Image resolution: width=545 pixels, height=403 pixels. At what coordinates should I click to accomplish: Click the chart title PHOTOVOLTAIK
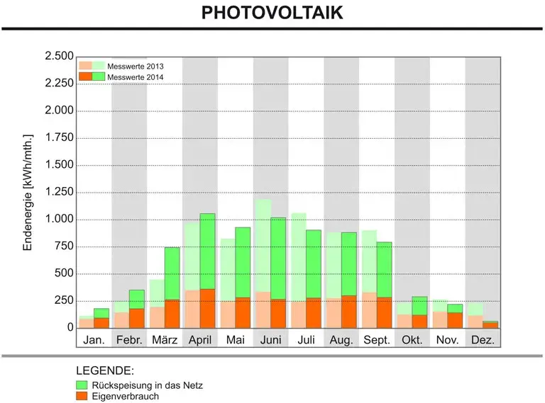point(272,13)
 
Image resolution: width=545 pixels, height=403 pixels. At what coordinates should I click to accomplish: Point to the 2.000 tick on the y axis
point(59,110)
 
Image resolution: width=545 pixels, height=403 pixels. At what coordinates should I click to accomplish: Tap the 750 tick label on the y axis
point(64,246)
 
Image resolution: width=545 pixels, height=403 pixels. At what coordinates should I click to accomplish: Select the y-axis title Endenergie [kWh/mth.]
point(28,193)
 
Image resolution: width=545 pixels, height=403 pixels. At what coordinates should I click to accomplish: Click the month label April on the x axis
point(200,339)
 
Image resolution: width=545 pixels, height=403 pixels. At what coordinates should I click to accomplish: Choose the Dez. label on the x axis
point(483,339)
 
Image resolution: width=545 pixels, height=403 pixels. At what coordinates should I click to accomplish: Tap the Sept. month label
point(377,339)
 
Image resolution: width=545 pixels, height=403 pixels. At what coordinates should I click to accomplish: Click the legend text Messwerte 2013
point(136,67)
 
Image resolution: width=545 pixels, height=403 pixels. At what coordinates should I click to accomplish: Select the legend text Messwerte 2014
point(136,77)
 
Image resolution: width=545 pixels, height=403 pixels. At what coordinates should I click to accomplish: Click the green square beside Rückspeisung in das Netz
point(82,385)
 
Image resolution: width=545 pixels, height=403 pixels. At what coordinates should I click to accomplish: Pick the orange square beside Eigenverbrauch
point(82,396)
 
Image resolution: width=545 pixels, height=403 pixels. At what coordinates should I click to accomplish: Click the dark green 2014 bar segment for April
point(207,251)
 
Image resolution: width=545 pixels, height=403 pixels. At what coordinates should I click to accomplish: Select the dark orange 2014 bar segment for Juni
point(278,314)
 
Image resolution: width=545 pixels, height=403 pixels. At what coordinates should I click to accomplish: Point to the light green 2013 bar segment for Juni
point(263,246)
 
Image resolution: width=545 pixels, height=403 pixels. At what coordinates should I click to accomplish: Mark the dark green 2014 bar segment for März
point(172,273)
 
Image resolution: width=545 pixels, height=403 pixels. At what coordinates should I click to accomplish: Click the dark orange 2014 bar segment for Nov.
point(455,320)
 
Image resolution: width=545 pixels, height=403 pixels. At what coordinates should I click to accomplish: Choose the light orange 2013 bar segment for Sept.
point(370,310)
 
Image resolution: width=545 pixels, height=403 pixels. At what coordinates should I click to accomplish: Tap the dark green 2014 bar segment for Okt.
point(419,306)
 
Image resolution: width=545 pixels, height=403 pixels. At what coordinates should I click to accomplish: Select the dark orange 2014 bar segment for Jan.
point(101,323)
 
